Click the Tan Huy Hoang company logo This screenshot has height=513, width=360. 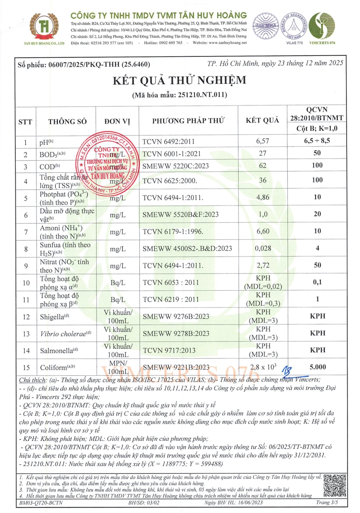click(43, 27)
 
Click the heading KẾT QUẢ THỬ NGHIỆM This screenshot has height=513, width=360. click(180, 80)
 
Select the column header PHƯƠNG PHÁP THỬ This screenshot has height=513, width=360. click(189, 121)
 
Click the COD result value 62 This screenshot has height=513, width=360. click(264, 166)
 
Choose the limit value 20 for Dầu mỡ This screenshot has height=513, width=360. click(317, 214)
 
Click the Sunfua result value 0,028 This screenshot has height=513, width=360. click(263, 248)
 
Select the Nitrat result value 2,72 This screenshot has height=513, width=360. click(264, 265)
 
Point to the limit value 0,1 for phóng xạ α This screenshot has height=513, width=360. click(317, 283)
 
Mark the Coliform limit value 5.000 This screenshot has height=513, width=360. click(317, 366)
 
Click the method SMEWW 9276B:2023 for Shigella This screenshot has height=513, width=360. click(175, 316)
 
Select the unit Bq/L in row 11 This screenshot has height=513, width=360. click(117, 299)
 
